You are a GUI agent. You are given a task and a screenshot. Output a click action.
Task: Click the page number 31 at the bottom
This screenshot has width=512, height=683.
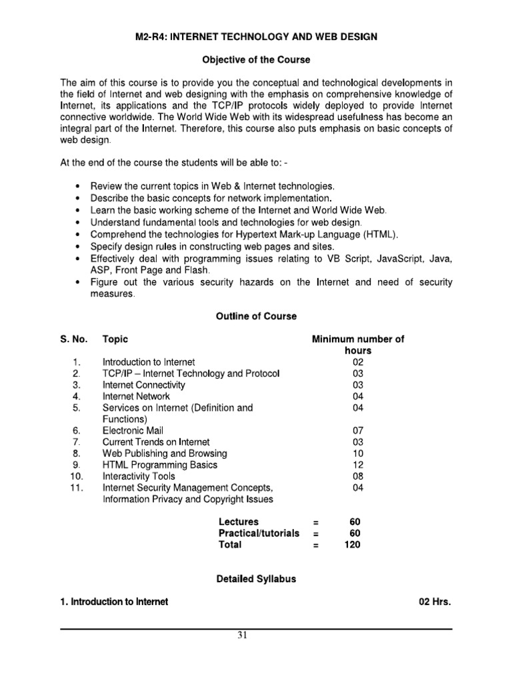243,635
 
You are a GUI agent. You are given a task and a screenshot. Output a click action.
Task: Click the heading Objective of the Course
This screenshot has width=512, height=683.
256,60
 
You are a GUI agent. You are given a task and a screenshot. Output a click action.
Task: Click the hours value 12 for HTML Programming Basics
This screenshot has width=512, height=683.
358,465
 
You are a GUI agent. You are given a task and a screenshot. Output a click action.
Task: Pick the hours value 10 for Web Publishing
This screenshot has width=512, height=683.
358,454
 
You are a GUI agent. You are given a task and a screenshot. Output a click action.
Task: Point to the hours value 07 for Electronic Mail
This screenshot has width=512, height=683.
358,431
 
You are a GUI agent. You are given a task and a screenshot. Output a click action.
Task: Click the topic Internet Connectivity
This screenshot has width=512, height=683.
144,385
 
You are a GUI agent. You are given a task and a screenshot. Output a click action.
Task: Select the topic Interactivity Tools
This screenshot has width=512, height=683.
139,476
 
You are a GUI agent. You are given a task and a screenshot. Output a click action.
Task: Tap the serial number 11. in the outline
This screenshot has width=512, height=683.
75,488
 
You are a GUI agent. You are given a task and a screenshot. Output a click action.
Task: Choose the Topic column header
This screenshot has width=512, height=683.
115,339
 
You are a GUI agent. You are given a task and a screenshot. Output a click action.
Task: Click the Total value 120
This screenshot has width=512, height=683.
358,544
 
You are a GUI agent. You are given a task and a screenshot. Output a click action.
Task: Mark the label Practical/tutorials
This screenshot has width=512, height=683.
259,533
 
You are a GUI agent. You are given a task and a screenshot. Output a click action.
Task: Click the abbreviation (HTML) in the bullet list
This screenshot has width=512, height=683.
381,234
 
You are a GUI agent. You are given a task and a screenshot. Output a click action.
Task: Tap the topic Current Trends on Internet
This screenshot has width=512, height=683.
156,442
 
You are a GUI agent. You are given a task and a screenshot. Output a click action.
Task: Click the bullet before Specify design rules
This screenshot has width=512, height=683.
79,246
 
